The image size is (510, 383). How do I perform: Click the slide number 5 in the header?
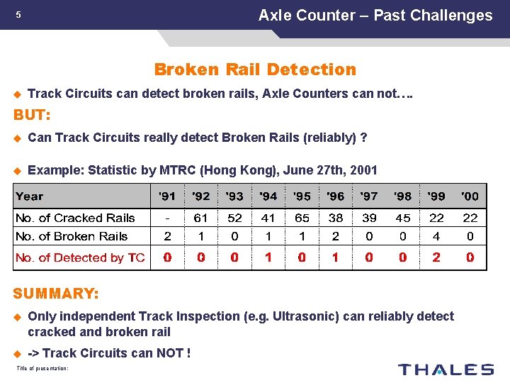coord(19,15)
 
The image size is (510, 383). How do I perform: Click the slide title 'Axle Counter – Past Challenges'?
coord(375,15)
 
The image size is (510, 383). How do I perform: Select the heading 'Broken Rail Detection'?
coord(255,70)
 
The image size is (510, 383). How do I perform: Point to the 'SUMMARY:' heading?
coord(56,293)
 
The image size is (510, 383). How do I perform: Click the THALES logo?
coord(446,369)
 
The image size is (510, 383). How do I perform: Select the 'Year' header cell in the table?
coord(30,196)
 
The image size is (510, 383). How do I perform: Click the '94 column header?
coord(268,196)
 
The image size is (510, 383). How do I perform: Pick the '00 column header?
coord(470,196)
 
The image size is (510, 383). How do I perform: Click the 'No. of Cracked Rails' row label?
coord(75,218)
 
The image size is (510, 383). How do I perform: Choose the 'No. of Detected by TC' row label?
coord(80,257)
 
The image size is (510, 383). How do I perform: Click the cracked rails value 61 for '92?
coord(200,218)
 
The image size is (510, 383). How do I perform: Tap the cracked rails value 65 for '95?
coord(302,218)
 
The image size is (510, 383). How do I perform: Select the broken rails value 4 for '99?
coord(436,236)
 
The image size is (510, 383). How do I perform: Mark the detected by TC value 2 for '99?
coord(436,257)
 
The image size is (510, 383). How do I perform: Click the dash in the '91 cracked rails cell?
coord(167,218)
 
